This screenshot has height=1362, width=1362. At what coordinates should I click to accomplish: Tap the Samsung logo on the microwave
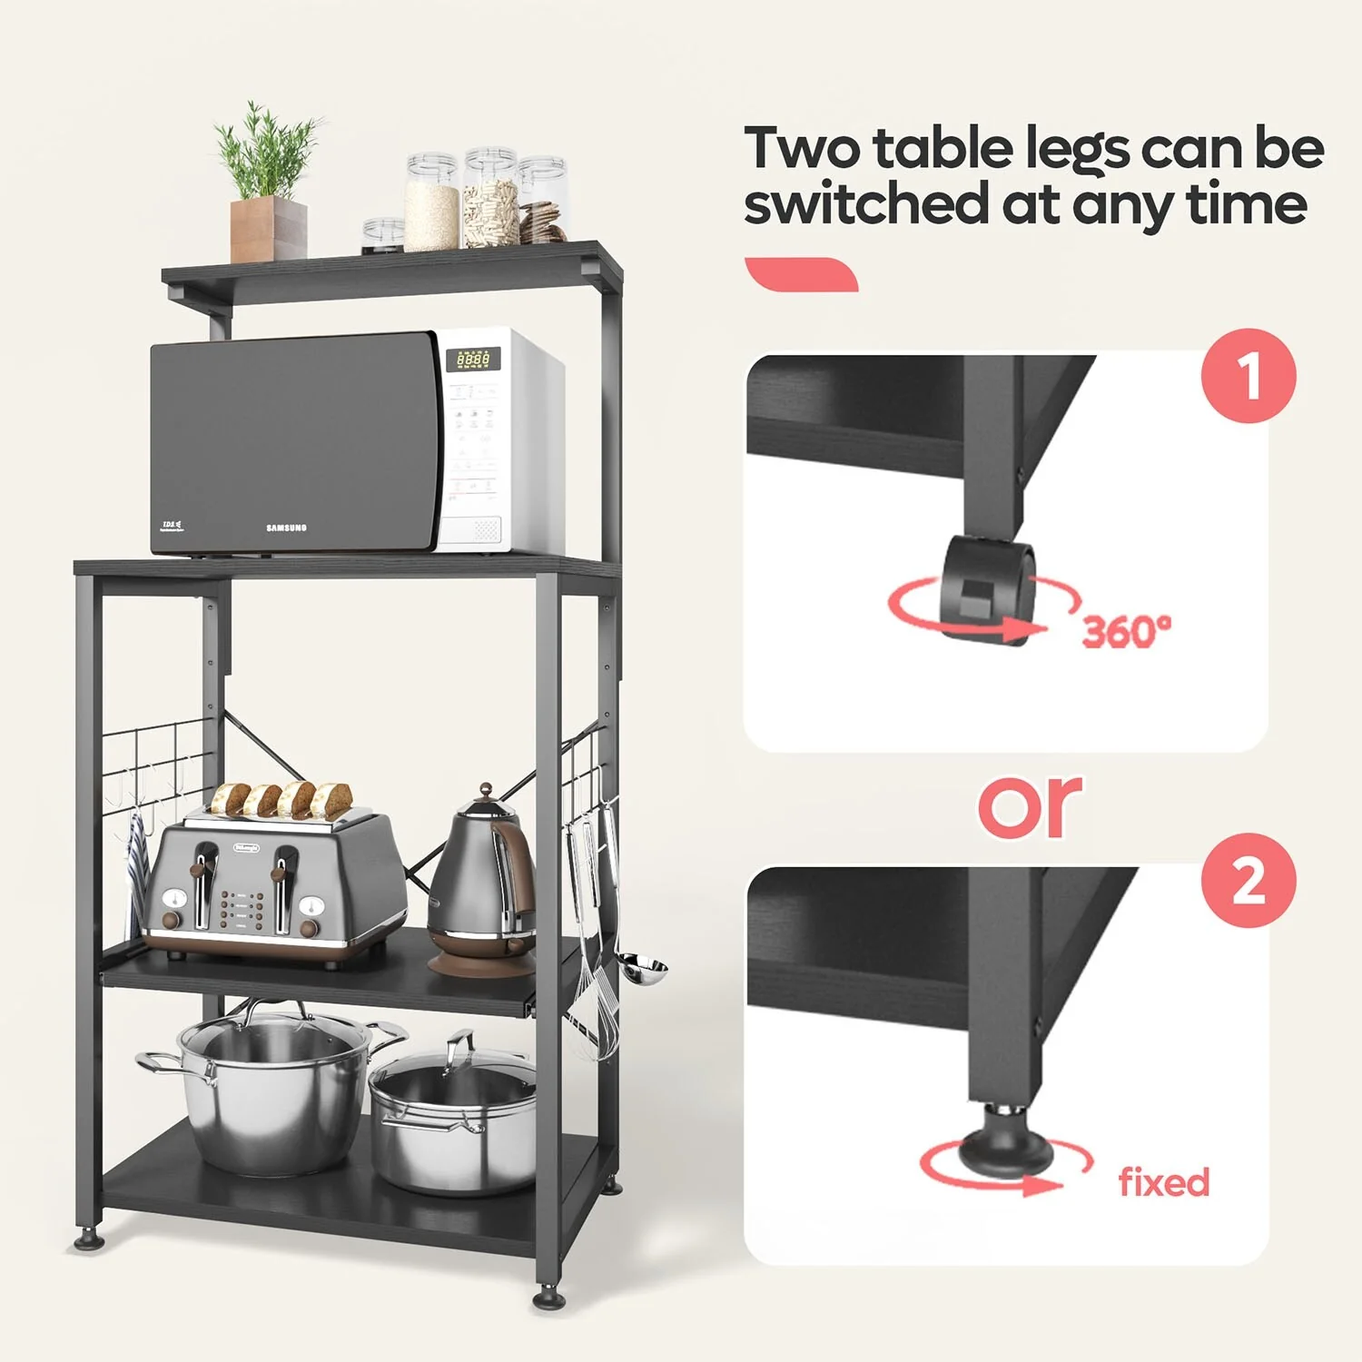click(x=286, y=528)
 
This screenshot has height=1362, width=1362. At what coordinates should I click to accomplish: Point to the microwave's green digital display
click(x=473, y=360)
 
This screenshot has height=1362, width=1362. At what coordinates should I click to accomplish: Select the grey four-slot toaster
click(x=272, y=885)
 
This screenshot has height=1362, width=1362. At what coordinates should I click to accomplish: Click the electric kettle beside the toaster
click(x=481, y=885)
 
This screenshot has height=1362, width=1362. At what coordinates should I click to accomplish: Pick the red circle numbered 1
click(x=1248, y=376)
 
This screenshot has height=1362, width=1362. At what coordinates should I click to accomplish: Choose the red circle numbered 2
click(x=1248, y=880)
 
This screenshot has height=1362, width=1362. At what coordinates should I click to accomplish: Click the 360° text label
click(x=1126, y=631)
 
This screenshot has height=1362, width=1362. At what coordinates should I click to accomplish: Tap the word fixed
click(x=1164, y=1182)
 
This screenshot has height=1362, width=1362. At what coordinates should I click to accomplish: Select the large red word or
click(x=1031, y=805)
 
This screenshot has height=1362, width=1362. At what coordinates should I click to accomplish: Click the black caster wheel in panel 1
click(x=987, y=587)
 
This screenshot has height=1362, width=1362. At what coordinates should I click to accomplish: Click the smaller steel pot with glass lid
click(x=454, y=1117)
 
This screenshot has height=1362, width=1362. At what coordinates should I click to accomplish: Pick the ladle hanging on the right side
click(x=645, y=970)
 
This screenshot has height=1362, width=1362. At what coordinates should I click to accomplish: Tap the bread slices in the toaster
click(x=281, y=799)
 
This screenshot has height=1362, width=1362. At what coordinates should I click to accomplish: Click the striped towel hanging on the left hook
click(x=136, y=872)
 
